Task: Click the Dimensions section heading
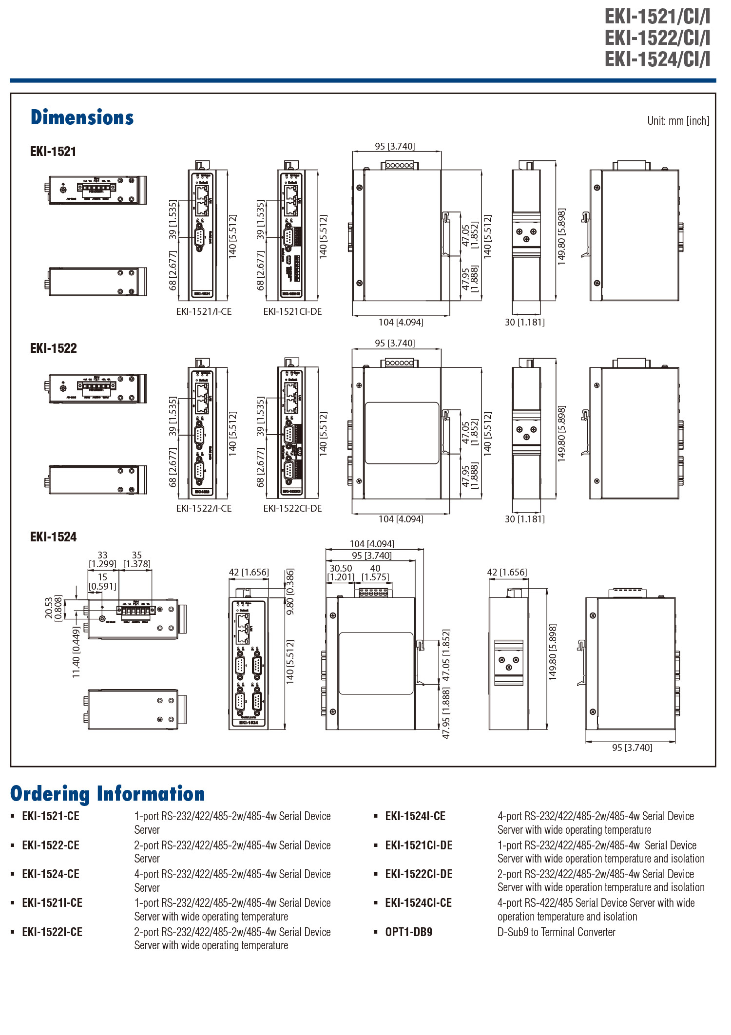(x=82, y=118)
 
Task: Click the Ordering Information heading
(x=107, y=794)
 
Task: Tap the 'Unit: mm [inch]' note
(x=678, y=121)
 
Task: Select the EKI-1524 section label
(x=53, y=537)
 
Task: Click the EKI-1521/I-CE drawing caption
(x=204, y=312)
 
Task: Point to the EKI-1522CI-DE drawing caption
(x=292, y=509)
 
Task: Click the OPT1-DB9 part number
(x=408, y=932)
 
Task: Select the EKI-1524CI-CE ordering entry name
(x=418, y=903)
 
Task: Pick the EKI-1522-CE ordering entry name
(x=51, y=845)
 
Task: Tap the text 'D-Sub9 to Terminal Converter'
(x=556, y=932)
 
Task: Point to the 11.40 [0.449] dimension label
(x=76, y=652)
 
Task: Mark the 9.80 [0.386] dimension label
(x=290, y=592)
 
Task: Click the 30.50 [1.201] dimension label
(x=341, y=573)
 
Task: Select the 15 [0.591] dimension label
(x=102, y=581)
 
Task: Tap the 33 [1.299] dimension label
(x=102, y=559)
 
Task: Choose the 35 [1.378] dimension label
(x=137, y=559)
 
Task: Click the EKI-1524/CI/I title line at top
(x=657, y=59)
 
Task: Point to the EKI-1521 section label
(x=53, y=152)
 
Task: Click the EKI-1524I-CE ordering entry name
(x=415, y=816)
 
